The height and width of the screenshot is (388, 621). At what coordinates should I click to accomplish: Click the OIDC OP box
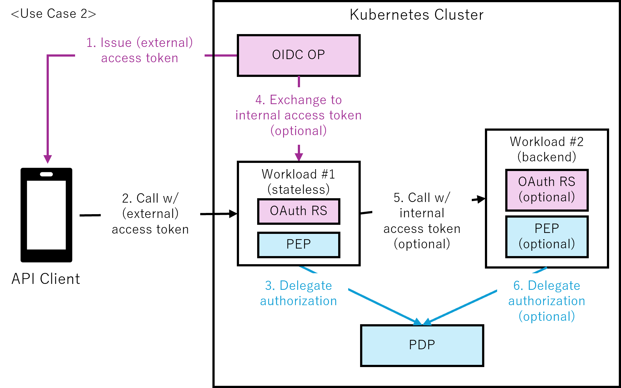coord(298,55)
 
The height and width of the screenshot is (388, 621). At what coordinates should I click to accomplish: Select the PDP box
coord(422,345)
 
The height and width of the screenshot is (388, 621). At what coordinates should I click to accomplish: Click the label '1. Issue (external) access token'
coord(140,51)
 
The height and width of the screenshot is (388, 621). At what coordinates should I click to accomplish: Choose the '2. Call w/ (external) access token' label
coord(150,214)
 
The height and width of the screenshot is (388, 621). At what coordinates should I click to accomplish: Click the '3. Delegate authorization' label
coord(298,294)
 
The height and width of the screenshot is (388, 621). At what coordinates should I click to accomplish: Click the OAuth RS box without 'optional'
coord(298,211)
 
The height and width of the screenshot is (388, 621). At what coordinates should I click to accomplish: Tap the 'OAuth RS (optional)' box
coord(547,190)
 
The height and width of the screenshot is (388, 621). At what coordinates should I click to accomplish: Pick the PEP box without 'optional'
coord(298,244)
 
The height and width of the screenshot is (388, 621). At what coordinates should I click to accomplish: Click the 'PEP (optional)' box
coord(547,237)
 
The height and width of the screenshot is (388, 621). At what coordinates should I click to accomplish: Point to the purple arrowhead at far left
coord(48,159)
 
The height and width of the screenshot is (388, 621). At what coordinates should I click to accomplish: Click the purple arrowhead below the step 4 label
coord(299,157)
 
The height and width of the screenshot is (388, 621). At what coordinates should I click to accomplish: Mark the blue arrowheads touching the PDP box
coord(422,322)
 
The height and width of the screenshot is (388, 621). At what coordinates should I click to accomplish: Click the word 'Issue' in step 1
coord(116,43)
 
